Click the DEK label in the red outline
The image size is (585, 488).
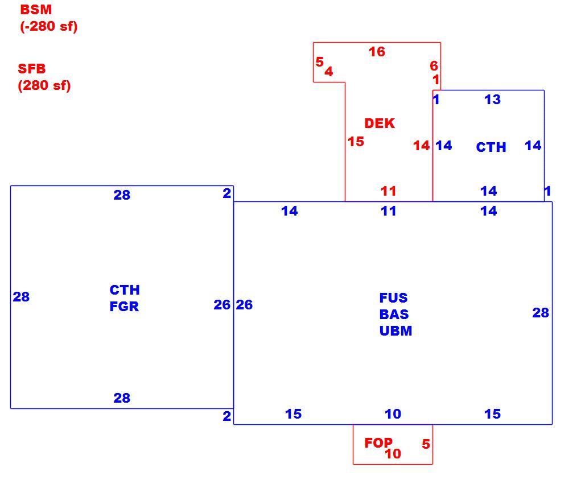[x=380, y=123]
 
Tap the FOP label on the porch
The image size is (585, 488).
[x=378, y=443]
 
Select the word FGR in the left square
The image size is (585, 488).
[x=124, y=307]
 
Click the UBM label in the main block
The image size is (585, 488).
[x=396, y=331]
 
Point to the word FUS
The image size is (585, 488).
[x=394, y=298]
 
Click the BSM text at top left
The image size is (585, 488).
[x=36, y=10]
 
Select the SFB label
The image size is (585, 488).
[x=32, y=69]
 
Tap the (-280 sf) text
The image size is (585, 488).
[x=49, y=27]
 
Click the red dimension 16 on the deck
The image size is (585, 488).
[x=377, y=52]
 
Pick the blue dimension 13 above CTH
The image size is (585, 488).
[x=492, y=100]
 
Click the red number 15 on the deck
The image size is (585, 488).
[x=356, y=142]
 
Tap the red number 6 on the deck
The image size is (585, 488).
[x=434, y=66]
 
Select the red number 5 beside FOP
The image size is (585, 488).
[x=426, y=444]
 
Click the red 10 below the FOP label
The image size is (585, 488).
[x=393, y=454]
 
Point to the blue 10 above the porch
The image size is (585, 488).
[x=393, y=414]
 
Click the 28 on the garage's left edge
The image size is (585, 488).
[x=21, y=297]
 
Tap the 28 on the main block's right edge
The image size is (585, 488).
[x=541, y=313]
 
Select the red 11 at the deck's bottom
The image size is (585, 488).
[x=388, y=191]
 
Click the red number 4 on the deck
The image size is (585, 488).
[x=329, y=71]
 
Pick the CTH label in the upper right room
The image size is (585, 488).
[x=491, y=147]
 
